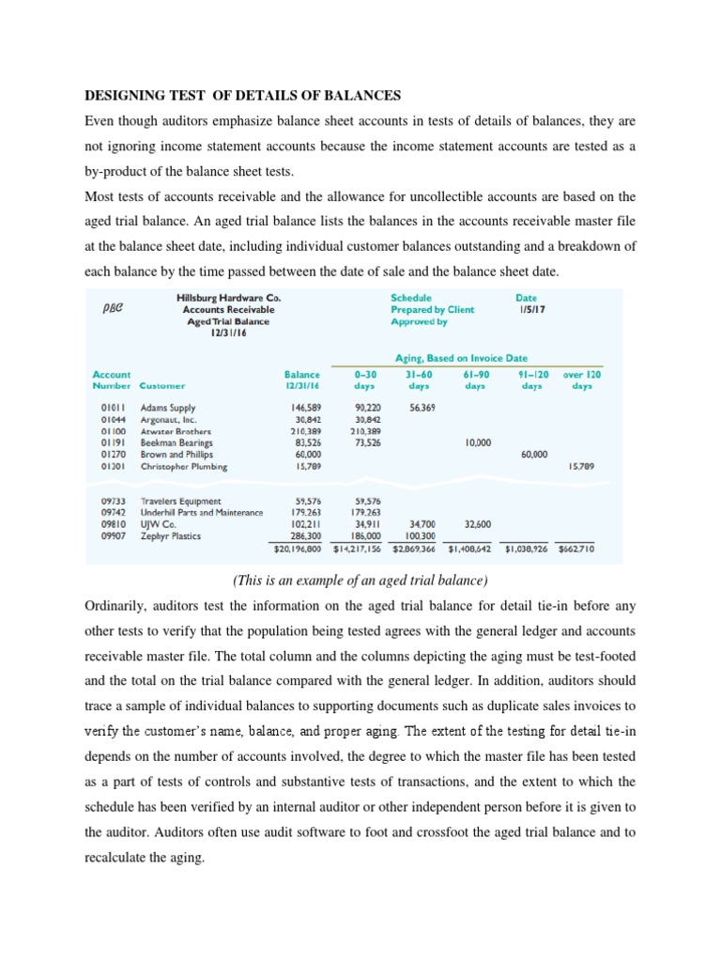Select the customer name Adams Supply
point(168,409)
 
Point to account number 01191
point(113,442)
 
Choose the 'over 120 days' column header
point(582,380)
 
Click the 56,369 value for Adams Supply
point(425,409)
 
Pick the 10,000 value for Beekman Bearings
point(479,442)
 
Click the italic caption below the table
point(360,581)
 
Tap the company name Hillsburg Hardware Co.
point(228,298)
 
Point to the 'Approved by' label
point(419,321)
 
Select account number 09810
point(113,524)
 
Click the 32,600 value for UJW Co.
point(477,524)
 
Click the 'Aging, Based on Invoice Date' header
point(461,357)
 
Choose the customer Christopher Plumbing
point(183,466)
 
